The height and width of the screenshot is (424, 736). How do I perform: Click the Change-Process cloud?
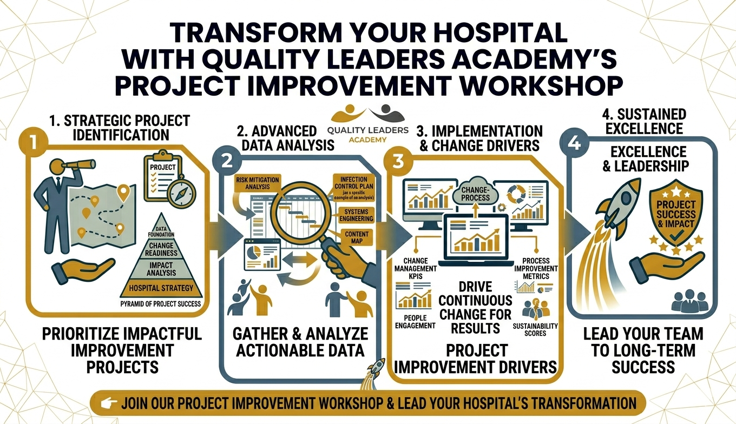(475, 193)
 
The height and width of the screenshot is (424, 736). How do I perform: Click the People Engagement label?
(416, 321)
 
